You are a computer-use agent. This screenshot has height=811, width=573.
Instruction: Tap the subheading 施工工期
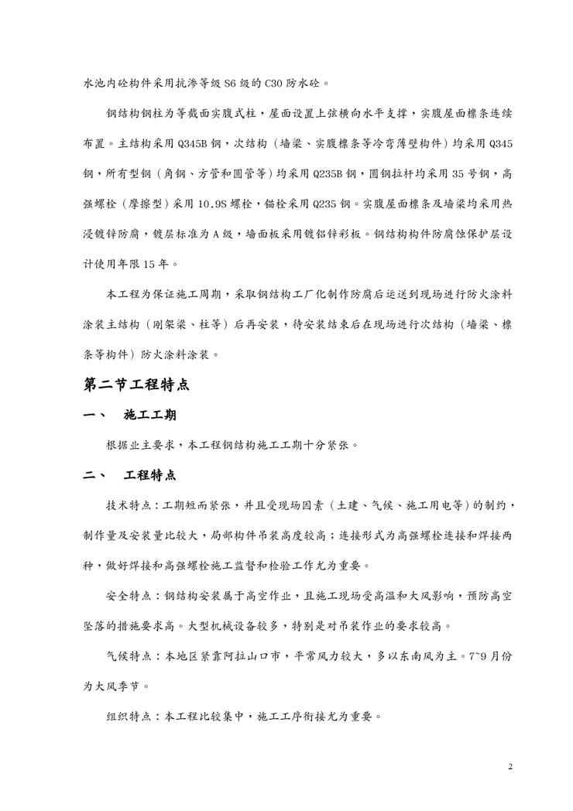(150, 416)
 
